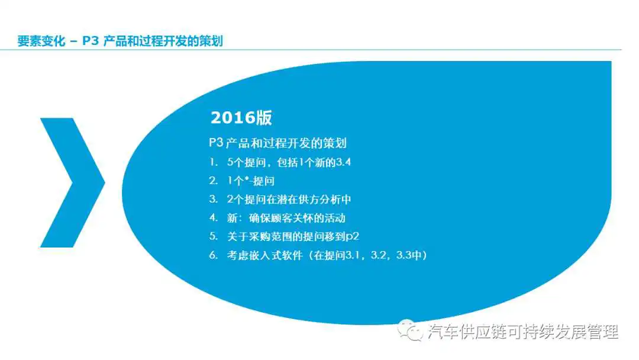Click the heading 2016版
[241, 118]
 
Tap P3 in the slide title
[91, 41]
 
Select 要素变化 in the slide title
[41, 41]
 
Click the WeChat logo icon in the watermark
[410, 330]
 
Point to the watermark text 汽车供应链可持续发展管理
[523, 332]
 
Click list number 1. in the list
[214, 162]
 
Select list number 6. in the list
[214, 255]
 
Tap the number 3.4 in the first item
[344, 162]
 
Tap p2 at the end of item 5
[352, 237]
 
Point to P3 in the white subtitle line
[216, 143]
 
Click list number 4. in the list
[214, 218]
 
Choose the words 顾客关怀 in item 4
[292, 218]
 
